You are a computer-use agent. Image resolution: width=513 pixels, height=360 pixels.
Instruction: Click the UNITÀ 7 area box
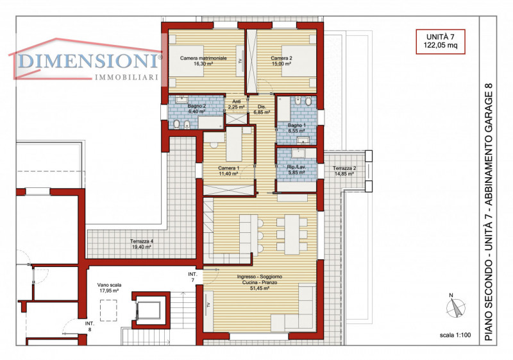(441, 42)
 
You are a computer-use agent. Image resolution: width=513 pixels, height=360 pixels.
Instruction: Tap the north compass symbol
(455, 307)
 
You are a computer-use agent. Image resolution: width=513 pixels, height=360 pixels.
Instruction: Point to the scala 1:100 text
(455, 335)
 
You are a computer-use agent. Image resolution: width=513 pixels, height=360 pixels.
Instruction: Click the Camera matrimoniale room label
(203, 61)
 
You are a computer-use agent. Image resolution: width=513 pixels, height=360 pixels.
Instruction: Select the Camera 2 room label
(282, 61)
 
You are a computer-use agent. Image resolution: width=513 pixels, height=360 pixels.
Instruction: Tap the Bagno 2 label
(197, 108)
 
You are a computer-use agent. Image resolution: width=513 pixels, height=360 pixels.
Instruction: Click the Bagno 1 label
(296, 128)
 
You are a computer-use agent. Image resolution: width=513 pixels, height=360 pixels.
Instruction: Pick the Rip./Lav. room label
(296, 169)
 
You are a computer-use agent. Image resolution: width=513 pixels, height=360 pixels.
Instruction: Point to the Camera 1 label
(228, 171)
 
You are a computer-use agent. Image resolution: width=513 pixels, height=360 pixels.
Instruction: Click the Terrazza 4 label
(141, 244)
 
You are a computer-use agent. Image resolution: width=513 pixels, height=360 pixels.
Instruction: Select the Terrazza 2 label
(344, 171)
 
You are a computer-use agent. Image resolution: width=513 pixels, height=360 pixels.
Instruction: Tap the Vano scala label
(109, 287)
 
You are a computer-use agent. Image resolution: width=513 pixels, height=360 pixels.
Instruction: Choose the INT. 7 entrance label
(193, 277)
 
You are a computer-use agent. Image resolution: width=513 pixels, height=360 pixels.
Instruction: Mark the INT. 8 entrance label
(90, 326)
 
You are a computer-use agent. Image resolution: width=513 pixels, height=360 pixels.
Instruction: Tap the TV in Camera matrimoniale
(240, 61)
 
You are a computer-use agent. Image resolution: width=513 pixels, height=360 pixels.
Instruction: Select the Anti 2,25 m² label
(236, 105)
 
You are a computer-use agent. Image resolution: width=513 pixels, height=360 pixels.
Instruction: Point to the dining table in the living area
(292, 234)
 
